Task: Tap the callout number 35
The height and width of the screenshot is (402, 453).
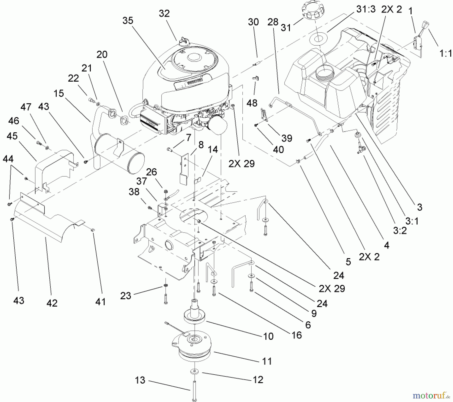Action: pos(128,21)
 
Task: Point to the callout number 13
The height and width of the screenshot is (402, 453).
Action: pos(140,380)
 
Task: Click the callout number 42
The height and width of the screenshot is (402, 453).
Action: pos(52,303)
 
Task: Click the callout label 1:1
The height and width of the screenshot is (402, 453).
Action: pos(445,53)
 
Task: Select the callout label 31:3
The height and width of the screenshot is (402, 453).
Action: pos(366,9)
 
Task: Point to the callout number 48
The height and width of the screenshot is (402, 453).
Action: pos(252,103)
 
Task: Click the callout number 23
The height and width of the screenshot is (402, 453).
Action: pos(126,295)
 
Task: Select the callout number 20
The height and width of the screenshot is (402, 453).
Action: pos(102,54)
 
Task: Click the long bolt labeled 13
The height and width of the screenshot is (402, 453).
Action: pos(194,390)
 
